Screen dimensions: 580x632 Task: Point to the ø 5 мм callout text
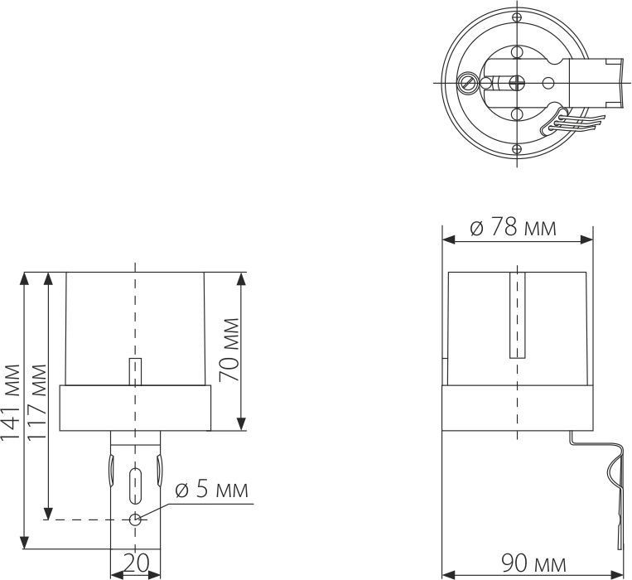pos(210,490)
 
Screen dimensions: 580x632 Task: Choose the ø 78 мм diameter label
pos(514,227)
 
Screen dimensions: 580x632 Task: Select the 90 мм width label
pos(535,565)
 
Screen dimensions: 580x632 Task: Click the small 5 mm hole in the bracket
pos(135,520)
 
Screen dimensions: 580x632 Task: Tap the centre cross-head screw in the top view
pos(517,82)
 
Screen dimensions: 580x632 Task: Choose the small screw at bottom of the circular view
pos(517,148)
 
